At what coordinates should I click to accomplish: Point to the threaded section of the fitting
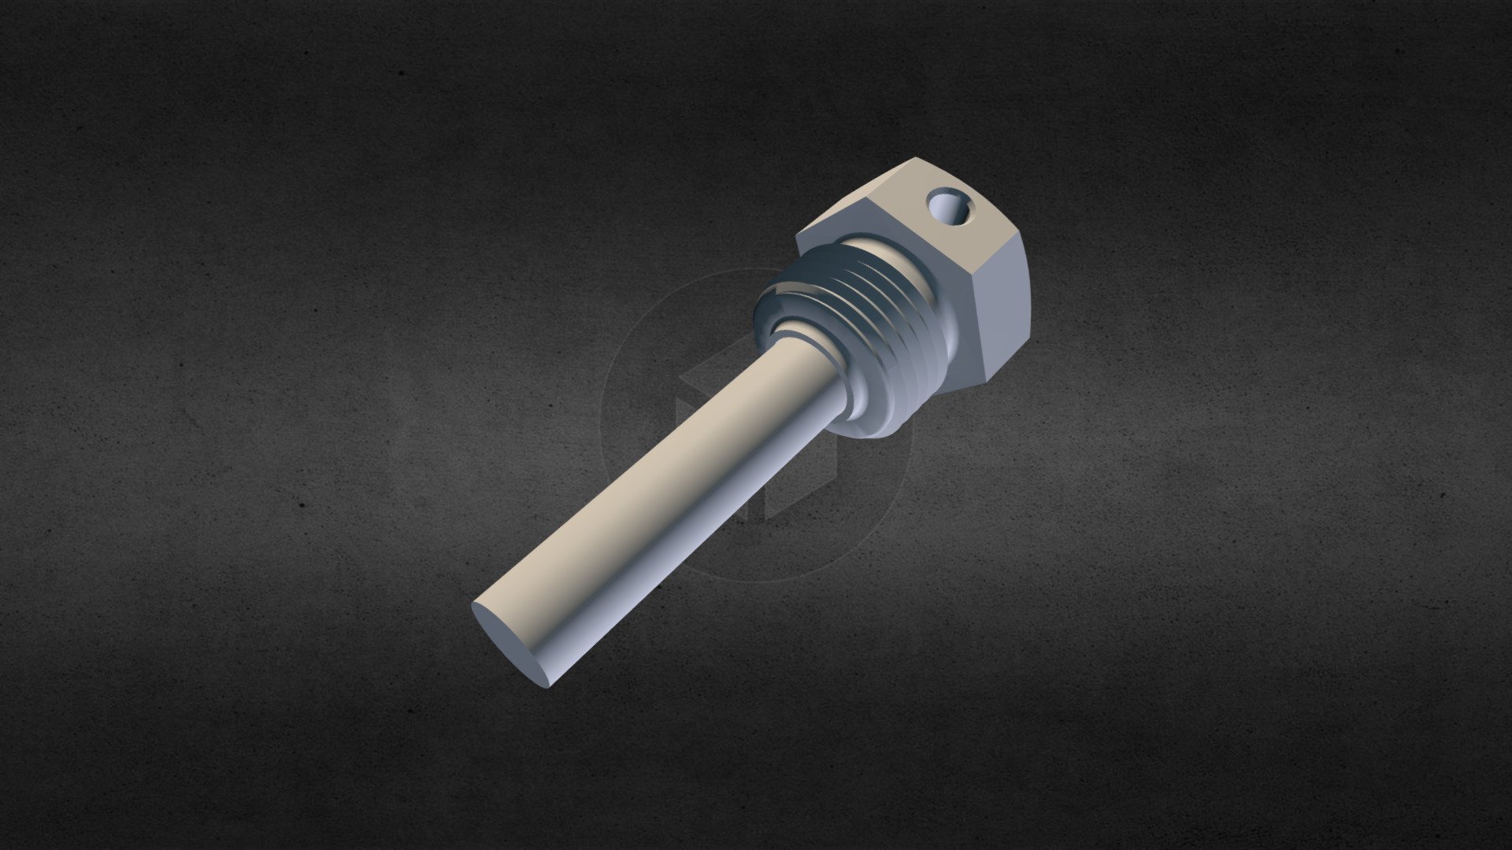tap(874, 331)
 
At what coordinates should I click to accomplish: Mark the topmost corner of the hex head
tap(914, 159)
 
